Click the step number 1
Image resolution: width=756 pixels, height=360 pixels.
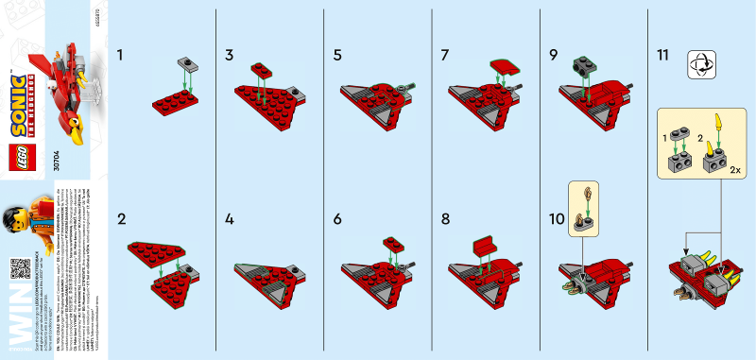(x=120, y=55)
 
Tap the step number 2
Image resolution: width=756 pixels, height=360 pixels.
(x=121, y=219)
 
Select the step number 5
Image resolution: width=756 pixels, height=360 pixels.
(x=337, y=55)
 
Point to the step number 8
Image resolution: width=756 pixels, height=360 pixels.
(x=445, y=219)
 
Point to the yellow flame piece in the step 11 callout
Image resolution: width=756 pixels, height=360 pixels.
(x=720, y=122)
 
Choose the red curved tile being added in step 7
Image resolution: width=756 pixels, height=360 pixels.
(x=503, y=66)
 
